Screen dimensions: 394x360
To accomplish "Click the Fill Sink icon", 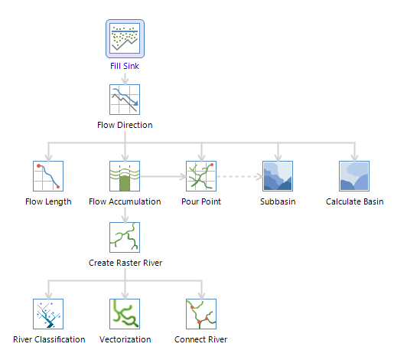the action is tap(125, 38).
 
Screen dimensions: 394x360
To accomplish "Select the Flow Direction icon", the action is tap(125, 100).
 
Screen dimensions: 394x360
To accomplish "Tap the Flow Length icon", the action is tap(48, 176).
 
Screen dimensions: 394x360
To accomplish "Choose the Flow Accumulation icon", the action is tap(125, 176).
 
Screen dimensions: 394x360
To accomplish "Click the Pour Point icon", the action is tap(201, 176).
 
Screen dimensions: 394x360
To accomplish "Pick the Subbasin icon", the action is tap(278, 176).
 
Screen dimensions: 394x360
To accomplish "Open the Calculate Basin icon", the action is tap(354, 176).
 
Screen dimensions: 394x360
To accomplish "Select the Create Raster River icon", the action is tap(125, 237).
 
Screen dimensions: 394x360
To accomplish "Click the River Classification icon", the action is tap(48, 314).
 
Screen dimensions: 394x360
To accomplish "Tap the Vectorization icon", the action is tap(125, 314).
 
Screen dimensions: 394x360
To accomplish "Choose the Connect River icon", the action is tap(201, 314).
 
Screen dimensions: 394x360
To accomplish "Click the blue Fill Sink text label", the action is tap(125, 66).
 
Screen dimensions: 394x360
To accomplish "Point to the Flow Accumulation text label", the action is tap(125, 201).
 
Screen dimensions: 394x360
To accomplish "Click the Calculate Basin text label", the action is tap(355, 201).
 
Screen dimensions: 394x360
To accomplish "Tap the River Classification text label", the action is tap(49, 339).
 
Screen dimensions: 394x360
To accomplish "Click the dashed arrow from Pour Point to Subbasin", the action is tap(240, 176).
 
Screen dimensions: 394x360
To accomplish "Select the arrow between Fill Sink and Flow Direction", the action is tap(125, 79).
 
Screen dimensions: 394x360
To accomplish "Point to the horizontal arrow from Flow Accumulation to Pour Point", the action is tap(164, 176).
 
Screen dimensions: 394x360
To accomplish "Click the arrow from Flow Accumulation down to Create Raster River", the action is tap(125, 215).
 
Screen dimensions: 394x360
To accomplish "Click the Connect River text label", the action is tap(201, 339).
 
